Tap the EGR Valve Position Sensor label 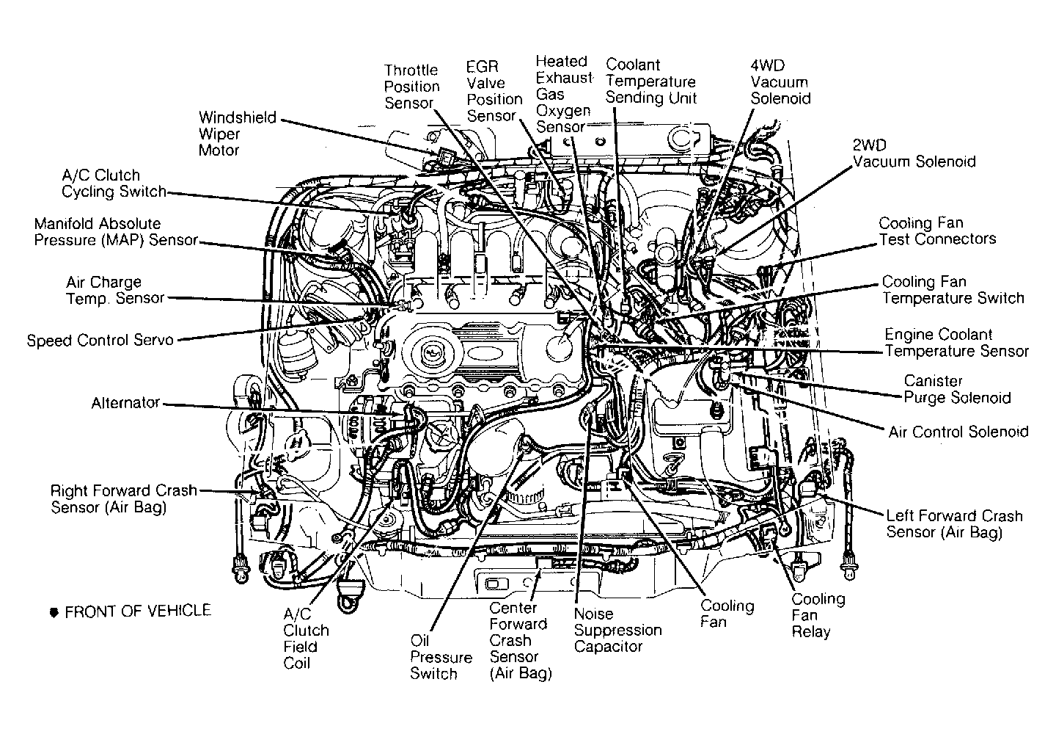pos(494,92)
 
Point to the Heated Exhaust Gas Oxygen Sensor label pos(563,94)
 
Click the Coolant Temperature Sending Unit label pos(650,81)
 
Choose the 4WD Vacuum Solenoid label pos(780,81)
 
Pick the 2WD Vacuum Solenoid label pos(914,153)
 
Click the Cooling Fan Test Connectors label pos(937,230)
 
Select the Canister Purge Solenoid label pos(956,389)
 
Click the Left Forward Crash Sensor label pos(953,524)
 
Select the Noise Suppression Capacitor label pos(617,630)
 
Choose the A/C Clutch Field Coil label pos(306,639)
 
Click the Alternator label pos(125,403)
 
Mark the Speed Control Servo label pos(100,341)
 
